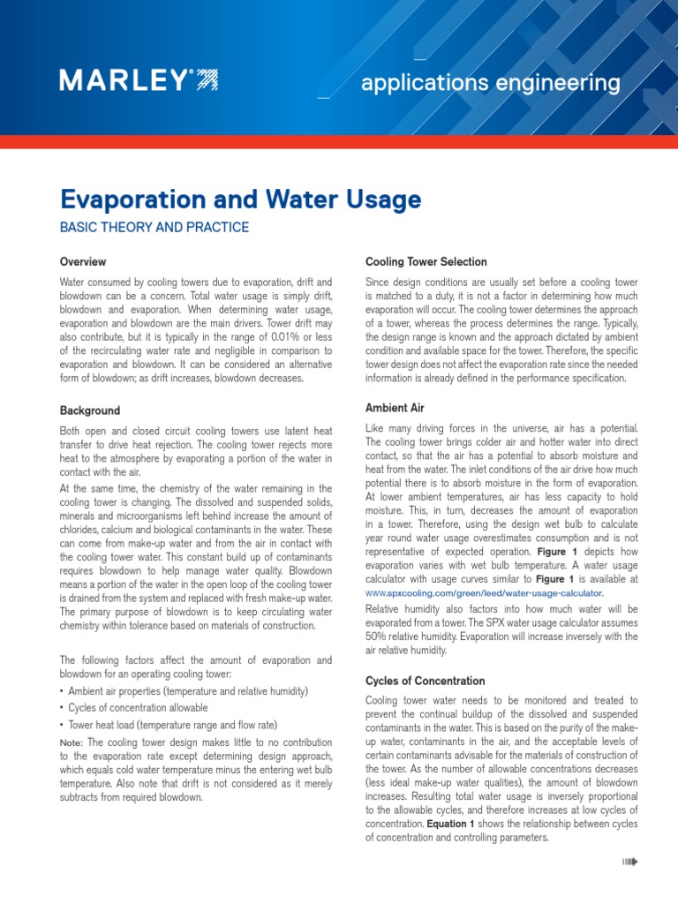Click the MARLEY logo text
[x=124, y=81]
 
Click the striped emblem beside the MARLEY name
[x=205, y=81]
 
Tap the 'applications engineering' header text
[x=491, y=84]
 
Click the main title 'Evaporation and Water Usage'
[x=240, y=200]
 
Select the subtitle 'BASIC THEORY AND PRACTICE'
[x=154, y=228]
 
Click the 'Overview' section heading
[x=83, y=262]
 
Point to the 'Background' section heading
[x=90, y=411]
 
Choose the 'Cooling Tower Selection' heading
[x=426, y=262]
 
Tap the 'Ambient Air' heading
[x=395, y=408]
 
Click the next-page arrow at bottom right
[x=629, y=862]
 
